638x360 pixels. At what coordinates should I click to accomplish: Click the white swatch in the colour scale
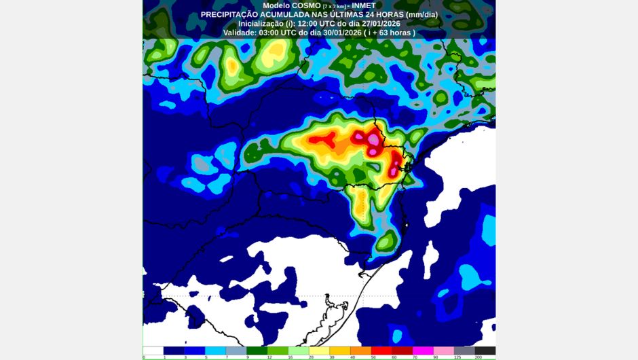coord(153,350)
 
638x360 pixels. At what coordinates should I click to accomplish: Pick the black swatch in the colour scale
coord(485,350)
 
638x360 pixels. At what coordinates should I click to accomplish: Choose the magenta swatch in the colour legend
coord(423,350)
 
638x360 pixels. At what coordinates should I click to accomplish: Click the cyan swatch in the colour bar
coord(215,350)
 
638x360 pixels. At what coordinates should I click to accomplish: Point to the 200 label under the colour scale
coord(479,357)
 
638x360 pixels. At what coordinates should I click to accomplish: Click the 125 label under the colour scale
coord(458,357)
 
